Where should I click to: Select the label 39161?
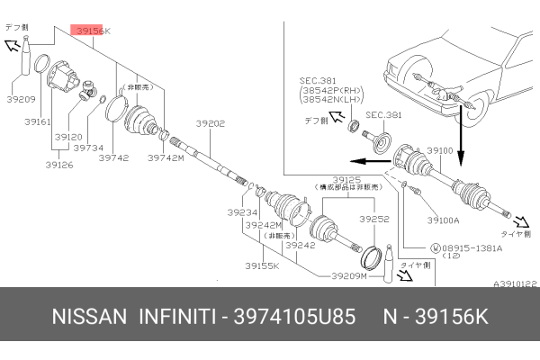coord(38,121)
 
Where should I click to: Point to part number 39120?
coord(67,136)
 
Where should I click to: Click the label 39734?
coord(87,148)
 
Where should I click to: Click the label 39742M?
coord(166,157)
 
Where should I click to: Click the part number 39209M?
coord(349,276)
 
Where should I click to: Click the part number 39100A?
coord(443,219)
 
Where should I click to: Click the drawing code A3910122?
coord(515,283)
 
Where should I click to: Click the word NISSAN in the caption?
coord(89,319)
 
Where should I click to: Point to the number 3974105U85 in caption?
coord(292,319)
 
